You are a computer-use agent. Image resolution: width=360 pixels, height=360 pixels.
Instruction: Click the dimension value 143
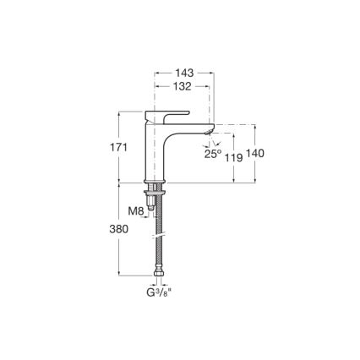pyautogui.click(x=183, y=73)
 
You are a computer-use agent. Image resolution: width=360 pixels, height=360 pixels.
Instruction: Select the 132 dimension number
pyautogui.click(x=183, y=86)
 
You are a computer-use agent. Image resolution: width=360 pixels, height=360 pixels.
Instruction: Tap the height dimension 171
pyautogui.click(x=118, y=147)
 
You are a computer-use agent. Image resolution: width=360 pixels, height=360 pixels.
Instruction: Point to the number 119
pyautogui.click(x=234, y=156)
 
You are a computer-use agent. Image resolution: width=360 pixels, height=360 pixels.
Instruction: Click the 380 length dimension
pyautogui.click(x=118, y=228)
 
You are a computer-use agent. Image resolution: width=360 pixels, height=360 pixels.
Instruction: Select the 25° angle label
pyautogui.click(x=212, y=154)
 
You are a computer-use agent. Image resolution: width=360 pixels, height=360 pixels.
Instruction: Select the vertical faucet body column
pyautogui.click(x=155, y=152)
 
